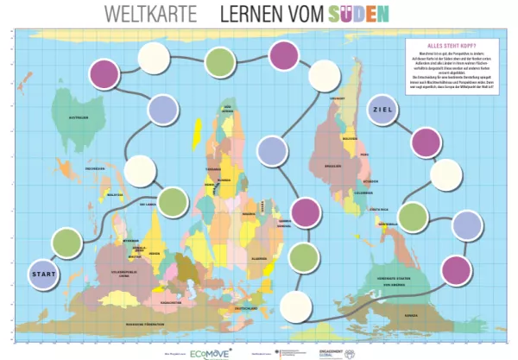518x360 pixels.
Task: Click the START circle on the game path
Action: [44, 275]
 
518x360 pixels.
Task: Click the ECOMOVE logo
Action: [211, 353]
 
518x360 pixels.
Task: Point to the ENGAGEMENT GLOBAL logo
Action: [332, 353]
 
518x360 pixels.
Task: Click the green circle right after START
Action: [69, 243]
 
